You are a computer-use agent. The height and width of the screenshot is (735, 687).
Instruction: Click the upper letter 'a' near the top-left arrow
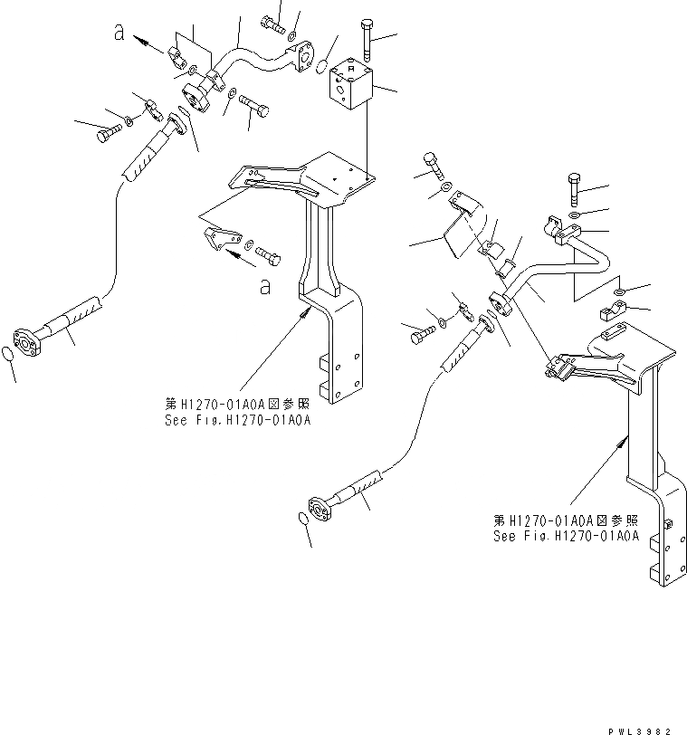click(x=119, y=33)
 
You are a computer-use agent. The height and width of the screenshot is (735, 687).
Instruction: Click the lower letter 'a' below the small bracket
click(x=264, y=288)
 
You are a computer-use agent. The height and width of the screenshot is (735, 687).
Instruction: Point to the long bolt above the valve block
click(x=366, y=36)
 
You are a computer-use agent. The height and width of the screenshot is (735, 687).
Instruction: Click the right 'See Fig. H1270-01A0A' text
click(x=567, y=536)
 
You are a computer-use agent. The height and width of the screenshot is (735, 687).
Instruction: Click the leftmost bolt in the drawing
click(x=105, y=136)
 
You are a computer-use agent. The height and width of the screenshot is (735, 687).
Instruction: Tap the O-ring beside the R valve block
click(x=322, y=65)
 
